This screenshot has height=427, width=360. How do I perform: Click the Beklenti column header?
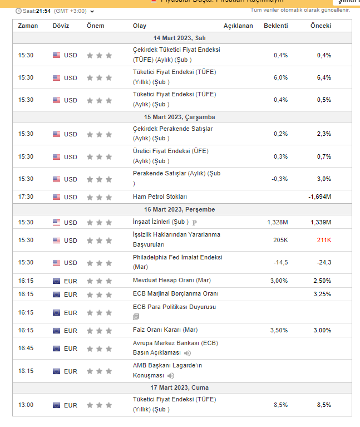click(275, 26)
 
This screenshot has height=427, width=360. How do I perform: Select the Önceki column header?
click(320, 26)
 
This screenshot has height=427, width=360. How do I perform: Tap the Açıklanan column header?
click(238, 26)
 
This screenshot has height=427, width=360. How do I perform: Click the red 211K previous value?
click(324, 240)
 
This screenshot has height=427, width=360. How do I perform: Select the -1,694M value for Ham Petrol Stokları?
click(319, 197)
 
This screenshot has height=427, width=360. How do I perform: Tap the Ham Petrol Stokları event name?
click(160, 197)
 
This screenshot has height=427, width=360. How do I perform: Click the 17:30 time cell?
click(26, 197)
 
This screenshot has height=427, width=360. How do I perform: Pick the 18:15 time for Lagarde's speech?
click(26, 371)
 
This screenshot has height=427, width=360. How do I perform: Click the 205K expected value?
click(280, 240)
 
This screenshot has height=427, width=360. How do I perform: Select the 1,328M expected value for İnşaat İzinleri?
click(277, 222)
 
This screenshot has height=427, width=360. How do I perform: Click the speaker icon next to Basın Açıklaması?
click(188, 353)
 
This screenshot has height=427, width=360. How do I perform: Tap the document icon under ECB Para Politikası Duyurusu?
click(136, 317)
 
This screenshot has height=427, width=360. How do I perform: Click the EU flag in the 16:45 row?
click(57, 349)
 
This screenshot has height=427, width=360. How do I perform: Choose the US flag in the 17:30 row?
click(57, 197)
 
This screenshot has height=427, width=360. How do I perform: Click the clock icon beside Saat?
click(18, 11)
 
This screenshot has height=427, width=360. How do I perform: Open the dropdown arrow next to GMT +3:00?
click(92, 11)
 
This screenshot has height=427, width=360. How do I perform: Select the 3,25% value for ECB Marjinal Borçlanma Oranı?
click(322, 293)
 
